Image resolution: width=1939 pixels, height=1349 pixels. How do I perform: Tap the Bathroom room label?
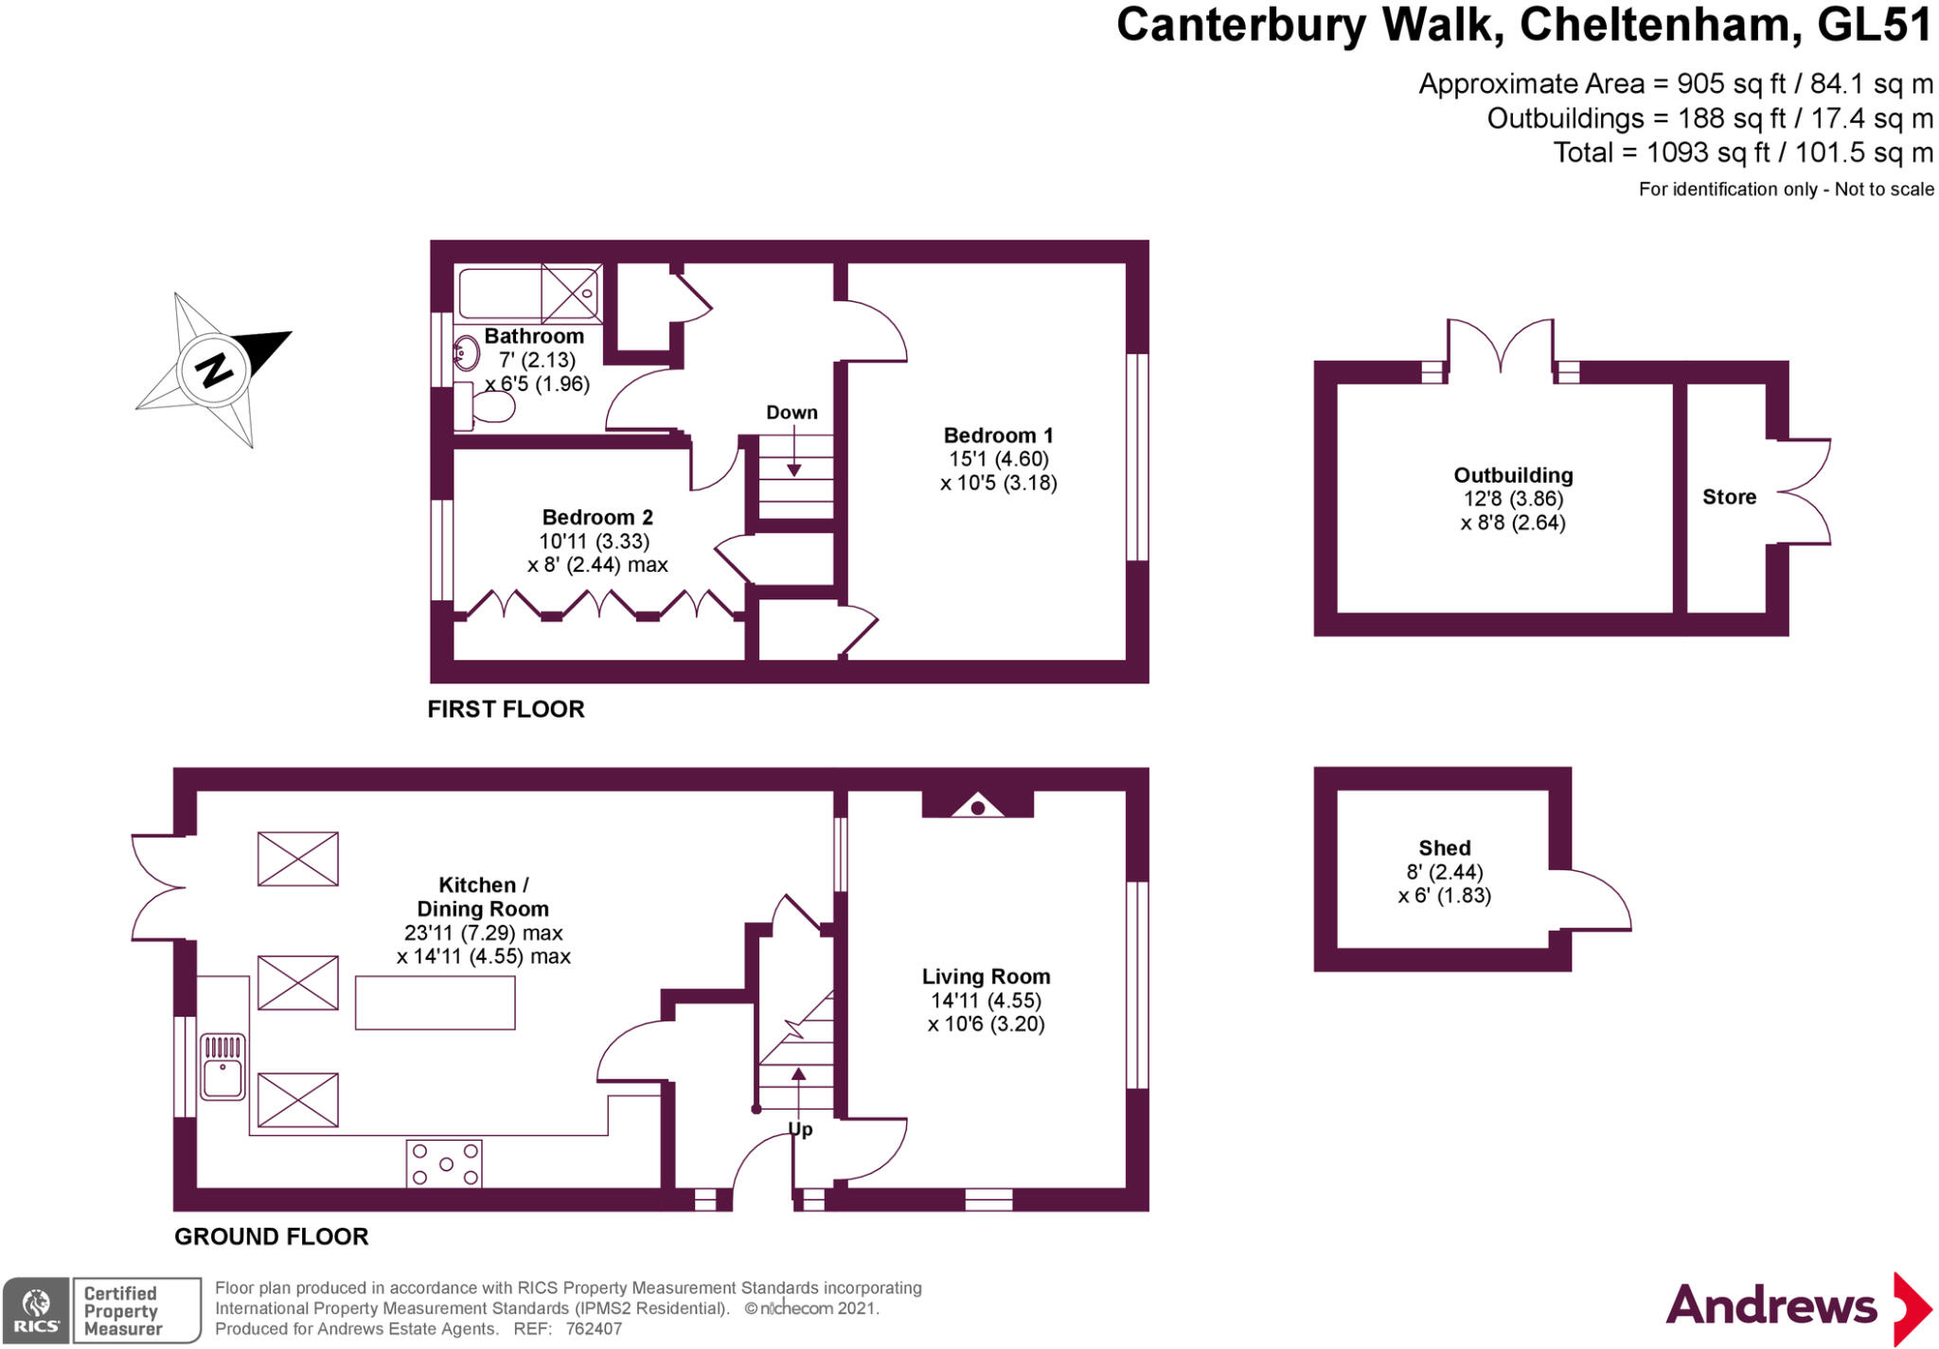pyautogui.click(x=534, y=336)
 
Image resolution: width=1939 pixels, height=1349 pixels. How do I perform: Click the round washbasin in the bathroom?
pyautogui.click(x=466, y=353)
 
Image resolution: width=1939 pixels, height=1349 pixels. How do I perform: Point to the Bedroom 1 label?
pyautogui.click(x=998, y=435)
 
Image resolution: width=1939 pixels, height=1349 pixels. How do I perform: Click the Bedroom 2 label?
pyautogui.click(x=597, y=518)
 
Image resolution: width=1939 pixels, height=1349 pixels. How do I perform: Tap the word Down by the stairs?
pyautogui.click(x=792, y=413)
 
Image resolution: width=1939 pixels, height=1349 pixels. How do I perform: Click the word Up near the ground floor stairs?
pyautogui.click(x=801, y=1129)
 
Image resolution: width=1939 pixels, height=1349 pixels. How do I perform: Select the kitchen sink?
pyautogui.click(x=223, y=1067)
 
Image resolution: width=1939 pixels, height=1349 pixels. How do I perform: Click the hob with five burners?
pyautogui.click(x=444, y=1163)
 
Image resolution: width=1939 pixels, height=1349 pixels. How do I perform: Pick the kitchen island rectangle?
pyautogui.click(x=436, y=1003)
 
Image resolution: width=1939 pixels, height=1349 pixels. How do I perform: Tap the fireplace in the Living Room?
pyautogui.click(x=978, y=806)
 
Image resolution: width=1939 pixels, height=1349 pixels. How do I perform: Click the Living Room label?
pyautogui.click(x=986, y=977)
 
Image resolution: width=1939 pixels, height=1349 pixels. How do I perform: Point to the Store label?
pyautogui.click(x=1729, y=497)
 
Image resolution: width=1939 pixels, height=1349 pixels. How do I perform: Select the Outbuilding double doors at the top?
pyautogui.click(x=1500, y=346)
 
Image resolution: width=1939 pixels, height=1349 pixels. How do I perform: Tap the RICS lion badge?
pyautogui.click(x=36, y=1310)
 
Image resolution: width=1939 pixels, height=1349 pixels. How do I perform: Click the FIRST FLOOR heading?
pyautogui.click(x=506, y=709)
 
